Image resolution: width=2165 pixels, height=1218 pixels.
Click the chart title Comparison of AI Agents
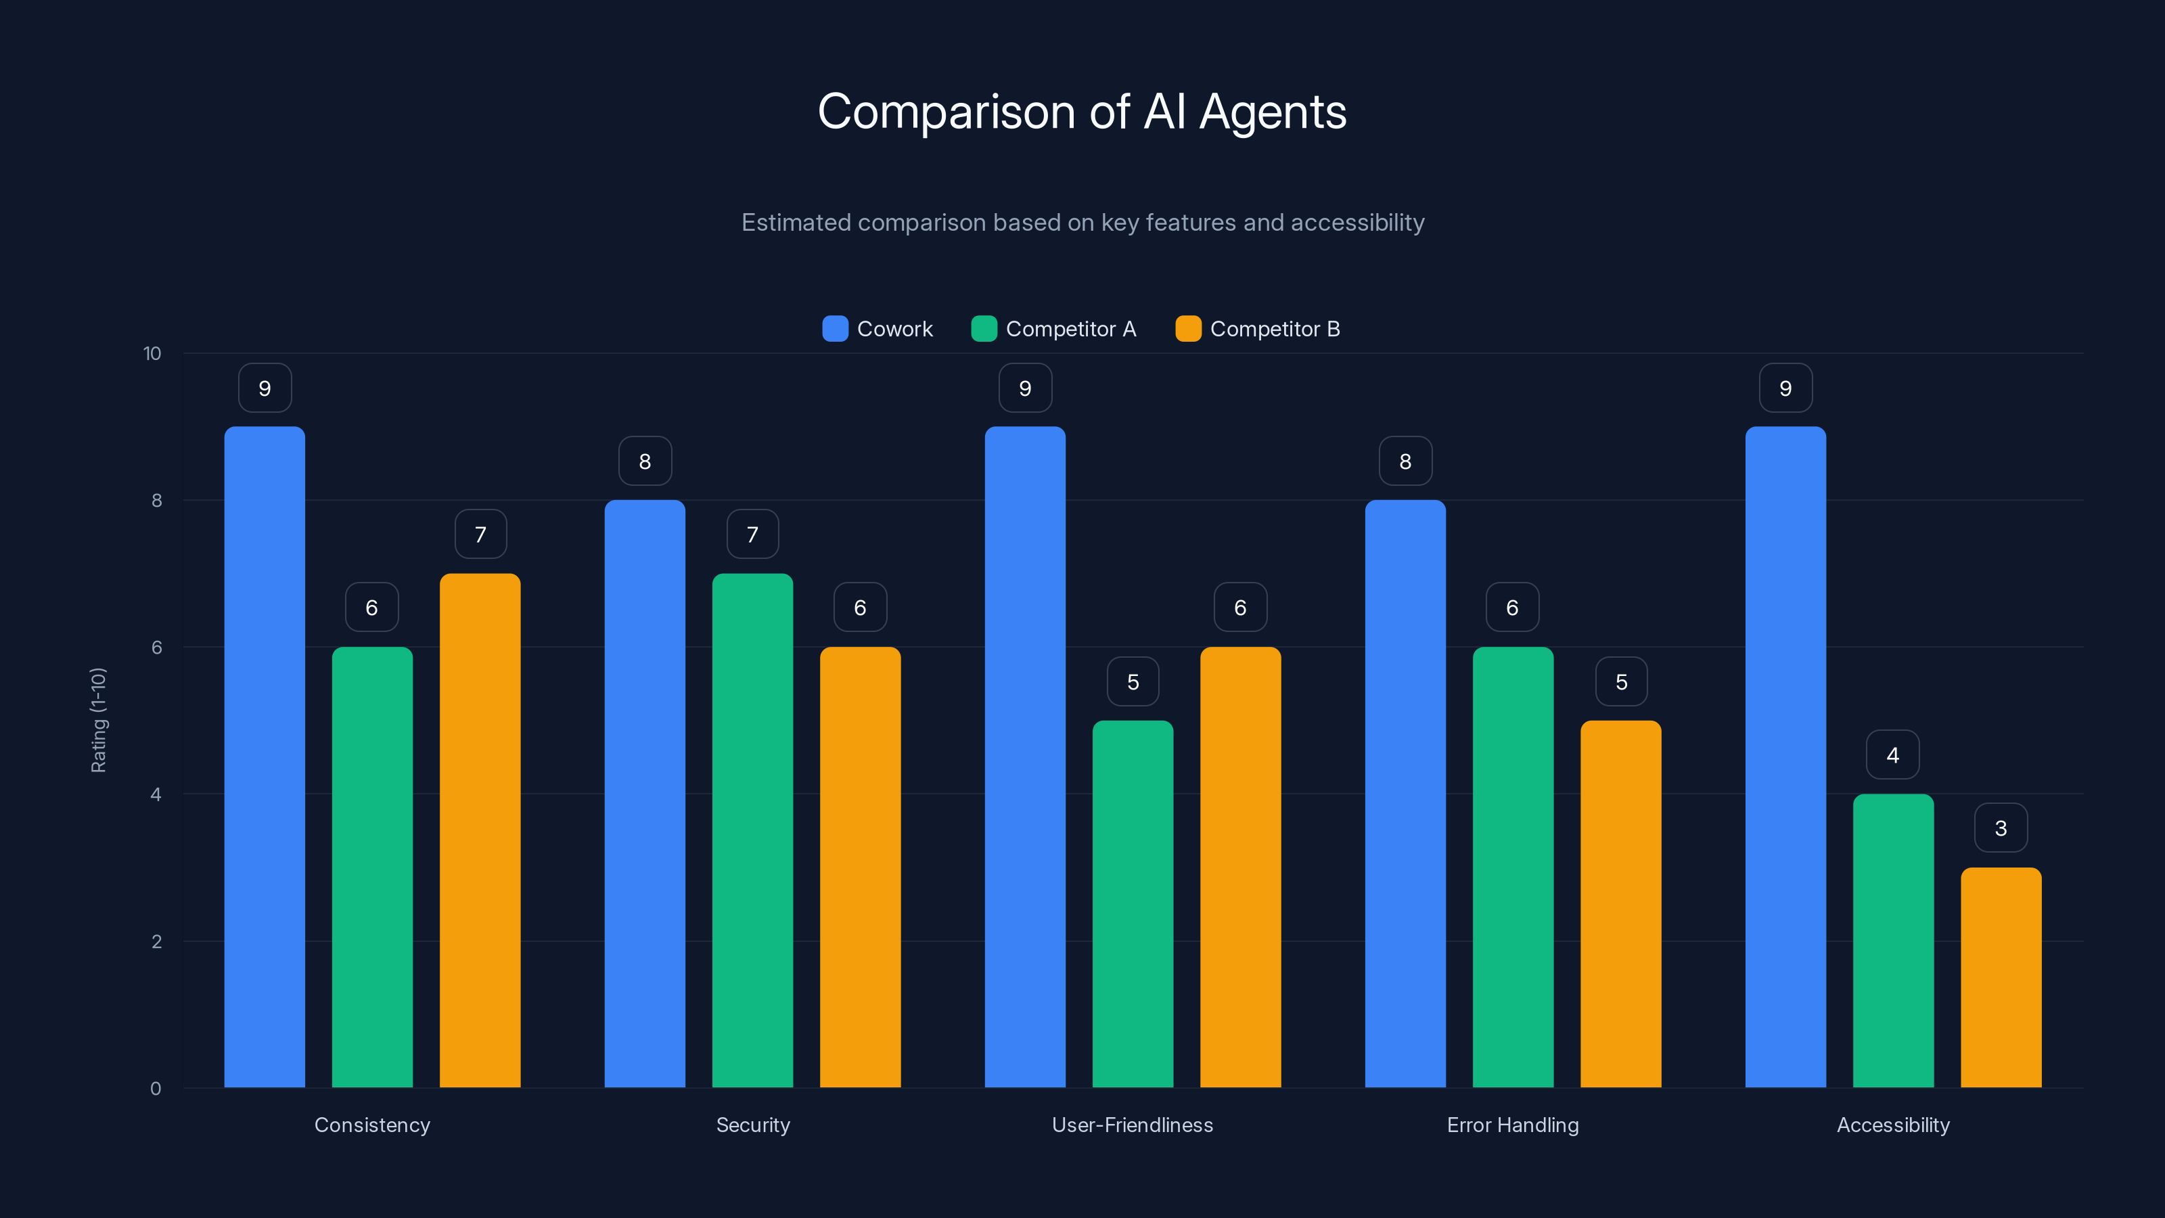point(1082,112)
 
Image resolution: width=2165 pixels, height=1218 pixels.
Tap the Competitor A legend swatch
point(983,329)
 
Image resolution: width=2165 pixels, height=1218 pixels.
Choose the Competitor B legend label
point(1274,329)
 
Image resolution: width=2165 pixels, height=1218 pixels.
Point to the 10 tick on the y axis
point(152,353)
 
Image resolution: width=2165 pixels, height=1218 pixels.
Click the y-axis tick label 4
point(156,794)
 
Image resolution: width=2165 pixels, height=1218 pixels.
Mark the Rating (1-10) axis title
point(98,721)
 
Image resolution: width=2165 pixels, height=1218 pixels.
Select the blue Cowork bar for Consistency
point(265,757)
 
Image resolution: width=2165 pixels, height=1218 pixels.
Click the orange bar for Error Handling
point(1620,903)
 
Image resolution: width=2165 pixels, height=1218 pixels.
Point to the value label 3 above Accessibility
point(2001,828)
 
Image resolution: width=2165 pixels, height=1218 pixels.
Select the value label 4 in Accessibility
point(1893,755)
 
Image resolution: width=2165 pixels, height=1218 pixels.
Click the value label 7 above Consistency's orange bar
point(481,534)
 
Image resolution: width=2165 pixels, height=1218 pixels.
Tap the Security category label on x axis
point(752,1125)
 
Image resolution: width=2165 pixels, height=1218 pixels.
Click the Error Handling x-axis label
point(1513,1125)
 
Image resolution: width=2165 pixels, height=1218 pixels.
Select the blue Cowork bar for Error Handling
point(1405,794)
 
